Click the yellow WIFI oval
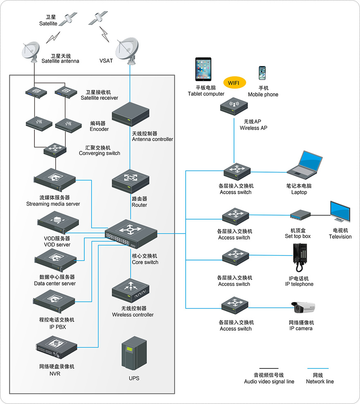click(234, 83)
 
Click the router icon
click(130, 181)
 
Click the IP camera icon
click(303, 308)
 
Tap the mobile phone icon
click(262, 73)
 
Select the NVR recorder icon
click(56, 347)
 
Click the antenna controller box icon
click(130, 114)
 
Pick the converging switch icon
click(55, 150)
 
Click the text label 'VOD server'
click(57, 245)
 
